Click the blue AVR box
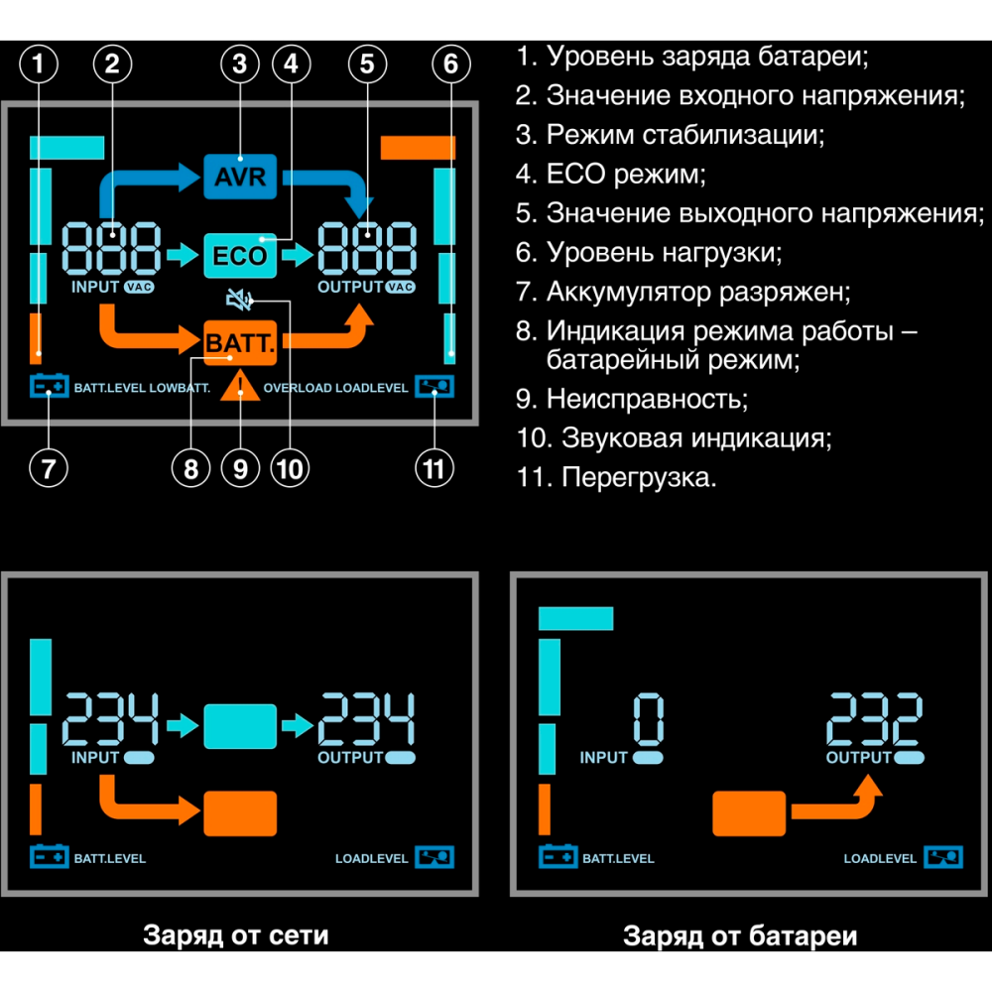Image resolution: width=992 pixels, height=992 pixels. pos(239,177)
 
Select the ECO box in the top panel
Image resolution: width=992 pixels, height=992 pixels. pos(239,256)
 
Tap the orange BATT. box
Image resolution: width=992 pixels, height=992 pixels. pos(239,342)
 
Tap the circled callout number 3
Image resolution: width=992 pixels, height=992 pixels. pos(239,65)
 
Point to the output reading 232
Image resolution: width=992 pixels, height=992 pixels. pos(875,721)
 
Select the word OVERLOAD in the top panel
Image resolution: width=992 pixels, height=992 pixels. pos(297,388)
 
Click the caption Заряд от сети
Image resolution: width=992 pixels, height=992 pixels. pos(236,934)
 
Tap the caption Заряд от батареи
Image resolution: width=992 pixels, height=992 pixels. pos(740,935)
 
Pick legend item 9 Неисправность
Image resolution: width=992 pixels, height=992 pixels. pos(631,399)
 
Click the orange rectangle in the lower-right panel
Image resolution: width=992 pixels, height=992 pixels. pos(749,813)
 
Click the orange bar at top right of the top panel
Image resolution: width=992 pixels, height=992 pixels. pos(418,147)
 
